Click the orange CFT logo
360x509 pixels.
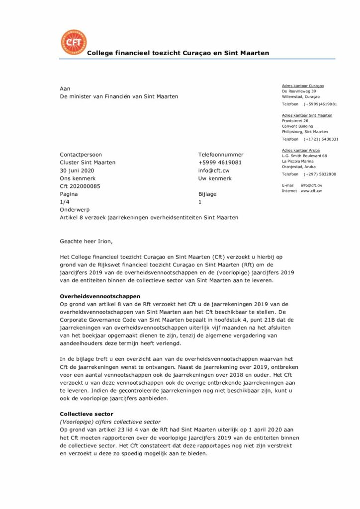pos(73,42)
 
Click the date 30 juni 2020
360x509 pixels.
pos(77,170)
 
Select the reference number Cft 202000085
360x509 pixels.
pos(80,186)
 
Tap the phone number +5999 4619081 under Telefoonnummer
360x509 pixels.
pos(220,163)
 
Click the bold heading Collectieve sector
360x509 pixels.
pos(87,414)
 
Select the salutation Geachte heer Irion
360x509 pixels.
pos(87,242)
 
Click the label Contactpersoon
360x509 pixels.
pos(81,155)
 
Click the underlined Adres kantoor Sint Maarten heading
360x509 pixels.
pos(307,115)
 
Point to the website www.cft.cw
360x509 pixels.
pos(311,191)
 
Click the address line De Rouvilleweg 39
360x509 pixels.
pos(299,91)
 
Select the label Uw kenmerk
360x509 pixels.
pos(215,178)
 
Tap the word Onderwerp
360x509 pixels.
pos(75,210)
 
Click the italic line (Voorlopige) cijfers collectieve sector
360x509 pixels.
pos(110,422)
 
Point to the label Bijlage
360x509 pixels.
pos(207,194)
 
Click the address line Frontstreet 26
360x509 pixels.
pos(295,121)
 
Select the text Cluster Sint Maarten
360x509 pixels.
pos(88,163)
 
